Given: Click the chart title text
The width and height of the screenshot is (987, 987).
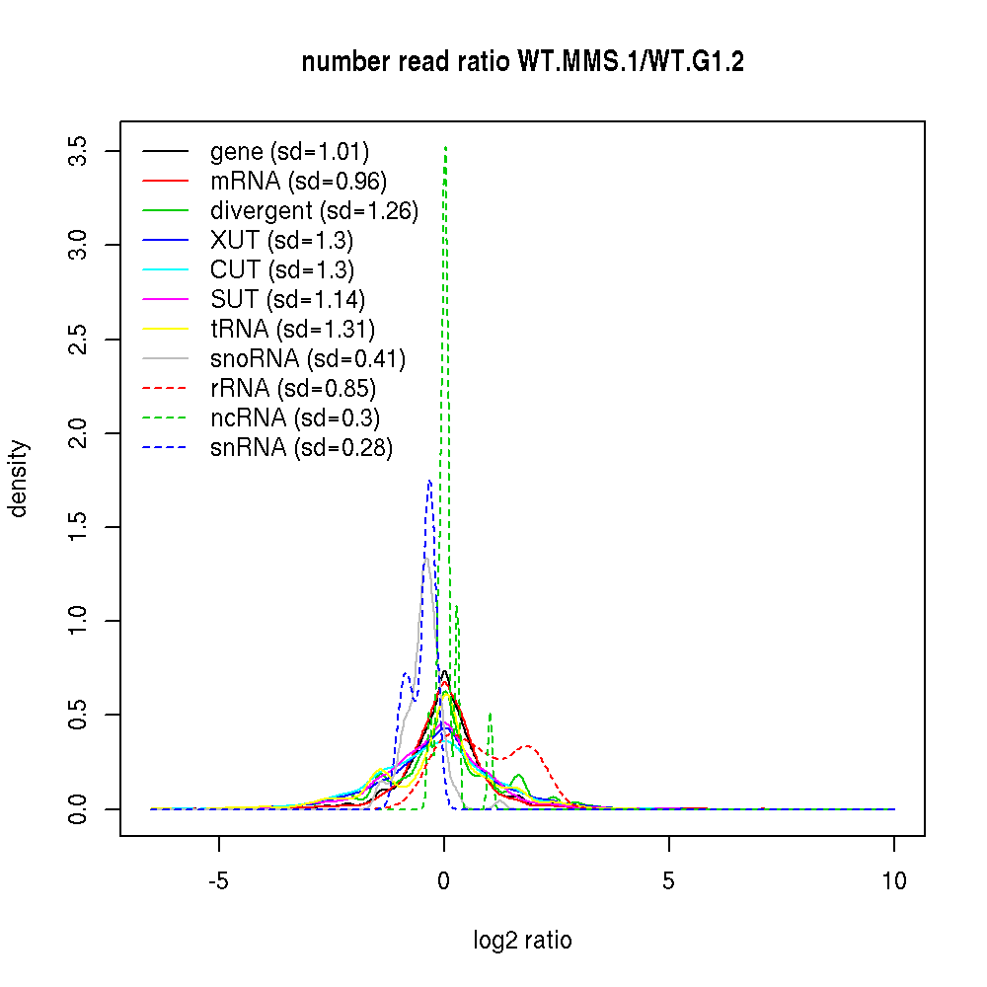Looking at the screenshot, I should coord(522,62).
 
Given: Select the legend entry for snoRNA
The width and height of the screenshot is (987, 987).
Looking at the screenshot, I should coord(308,359).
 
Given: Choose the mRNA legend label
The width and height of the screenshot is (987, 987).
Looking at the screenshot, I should coord(298,182).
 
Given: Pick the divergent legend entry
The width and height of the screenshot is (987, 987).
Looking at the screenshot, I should coord(314,211).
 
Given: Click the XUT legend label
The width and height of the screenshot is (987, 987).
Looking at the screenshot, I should coord(281,241).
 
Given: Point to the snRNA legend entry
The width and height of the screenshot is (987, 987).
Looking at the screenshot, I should coord(301,448).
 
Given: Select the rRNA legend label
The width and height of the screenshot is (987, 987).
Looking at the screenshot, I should coord(293,389).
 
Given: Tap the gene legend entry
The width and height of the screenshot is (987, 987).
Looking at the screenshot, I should coord(289,152).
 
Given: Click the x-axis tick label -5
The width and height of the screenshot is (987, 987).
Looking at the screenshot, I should coord(218,880).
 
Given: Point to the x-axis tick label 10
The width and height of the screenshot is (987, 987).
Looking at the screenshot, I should coord(894,880).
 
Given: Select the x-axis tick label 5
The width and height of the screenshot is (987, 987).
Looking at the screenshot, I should coord(669,880).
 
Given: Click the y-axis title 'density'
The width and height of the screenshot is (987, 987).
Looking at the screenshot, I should coord(19,479).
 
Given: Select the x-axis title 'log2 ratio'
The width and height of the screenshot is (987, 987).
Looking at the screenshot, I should coord(522,941).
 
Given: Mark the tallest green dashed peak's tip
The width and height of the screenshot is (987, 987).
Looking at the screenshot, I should coord(446,147).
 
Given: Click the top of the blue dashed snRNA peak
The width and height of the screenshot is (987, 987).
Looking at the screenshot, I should coord(429,481).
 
